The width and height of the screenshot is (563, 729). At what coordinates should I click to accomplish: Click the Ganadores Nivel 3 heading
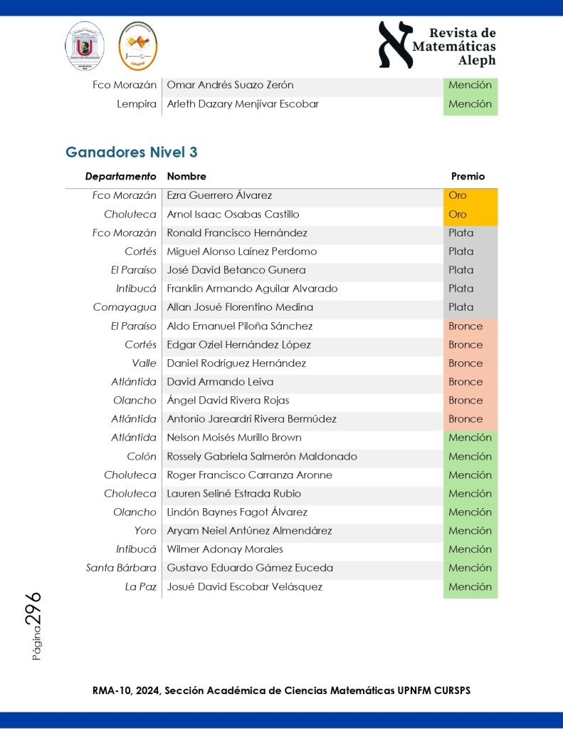point(131,152)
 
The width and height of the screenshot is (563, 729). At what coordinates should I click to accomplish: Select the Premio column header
point(468,176)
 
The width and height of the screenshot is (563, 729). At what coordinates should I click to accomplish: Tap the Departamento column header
point(120,176)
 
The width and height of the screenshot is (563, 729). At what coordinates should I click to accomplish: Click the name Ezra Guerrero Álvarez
point(219,195)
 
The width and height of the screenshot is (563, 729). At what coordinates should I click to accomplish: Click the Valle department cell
point(144,363)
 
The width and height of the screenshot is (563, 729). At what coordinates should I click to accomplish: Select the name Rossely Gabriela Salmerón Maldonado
point(262,457)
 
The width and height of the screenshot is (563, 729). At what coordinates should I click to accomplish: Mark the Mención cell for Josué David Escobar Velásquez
point(470,587)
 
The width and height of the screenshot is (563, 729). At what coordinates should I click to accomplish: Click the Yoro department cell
point(145,531)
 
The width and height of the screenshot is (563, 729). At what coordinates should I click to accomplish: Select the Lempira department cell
point(137,104)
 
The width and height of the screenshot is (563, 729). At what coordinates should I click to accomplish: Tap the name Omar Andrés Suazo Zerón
point(230,85)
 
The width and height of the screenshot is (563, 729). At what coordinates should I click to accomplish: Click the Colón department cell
point(142,457)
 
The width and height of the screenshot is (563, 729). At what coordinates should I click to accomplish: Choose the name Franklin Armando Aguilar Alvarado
point(252,289)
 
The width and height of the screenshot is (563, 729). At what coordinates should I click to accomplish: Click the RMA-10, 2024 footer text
point(281,691)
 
